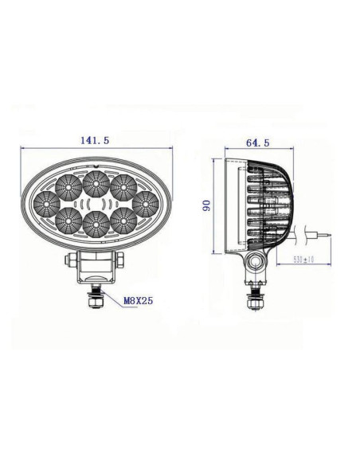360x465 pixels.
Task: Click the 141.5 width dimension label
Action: click(95, 140)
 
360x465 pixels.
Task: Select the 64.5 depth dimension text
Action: click(256, 143)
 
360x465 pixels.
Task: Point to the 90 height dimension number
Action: click(205, 205)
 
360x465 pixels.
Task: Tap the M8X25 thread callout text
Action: click(138, 302)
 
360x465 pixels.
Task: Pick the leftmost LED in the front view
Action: click(45, 199)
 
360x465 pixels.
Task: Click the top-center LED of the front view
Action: click(95, 182)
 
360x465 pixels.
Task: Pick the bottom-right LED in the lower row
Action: click(123, 217)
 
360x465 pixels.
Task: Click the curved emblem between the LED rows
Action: click(95, 204)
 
